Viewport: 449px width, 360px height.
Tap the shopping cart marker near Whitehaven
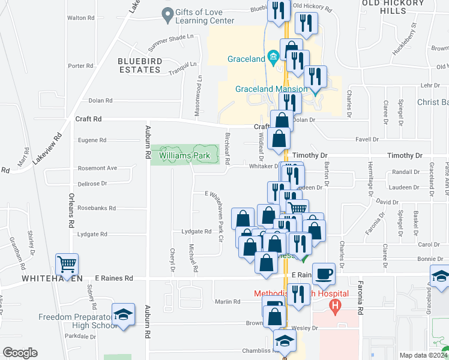(x=67, y=264)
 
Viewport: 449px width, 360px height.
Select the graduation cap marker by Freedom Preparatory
(x=123, y=316)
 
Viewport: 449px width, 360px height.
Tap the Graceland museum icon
(x=273, y=58)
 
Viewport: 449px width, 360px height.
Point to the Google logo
(x=20, y=353)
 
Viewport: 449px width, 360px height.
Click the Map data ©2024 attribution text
(x=424, y=355)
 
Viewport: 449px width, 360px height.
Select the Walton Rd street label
(x=81, y=18)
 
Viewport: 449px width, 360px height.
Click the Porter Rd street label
(x=82, y=66)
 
